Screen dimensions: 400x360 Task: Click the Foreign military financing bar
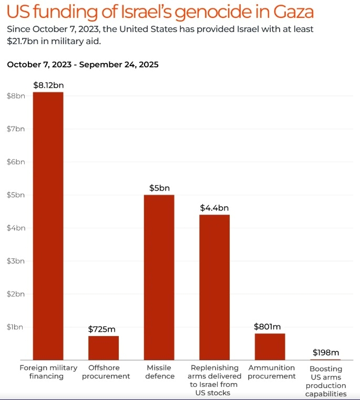pyautogui.click(x=48, y=226)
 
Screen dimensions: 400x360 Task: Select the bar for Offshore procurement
pyautogui.click(x=104, y=348)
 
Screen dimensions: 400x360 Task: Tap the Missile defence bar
pyautogui.click(x=159, y=277)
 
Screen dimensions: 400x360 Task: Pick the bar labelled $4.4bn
pyautogui.click(x=214, y=287)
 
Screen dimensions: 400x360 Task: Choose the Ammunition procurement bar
pyautogui.click(x=270, y=346)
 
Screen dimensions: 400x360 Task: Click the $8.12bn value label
pyautogui.click(x=48, y=85)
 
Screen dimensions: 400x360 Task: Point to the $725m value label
pyautogui.click(x=104, y=329)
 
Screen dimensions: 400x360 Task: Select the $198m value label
pyautogui.click(x=325, y=352)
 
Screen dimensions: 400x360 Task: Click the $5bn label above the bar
pyautogui.click(x=159, y=188)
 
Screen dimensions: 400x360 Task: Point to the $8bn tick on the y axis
pyautogui.click(x=15, y=96)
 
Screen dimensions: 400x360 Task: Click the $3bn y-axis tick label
pyautogui.click(x=15, y=261)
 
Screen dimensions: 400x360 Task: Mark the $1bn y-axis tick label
pyautogui.click(x=15, y=327)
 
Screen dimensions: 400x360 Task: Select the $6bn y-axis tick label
pyautogui.click(x=15, y=162)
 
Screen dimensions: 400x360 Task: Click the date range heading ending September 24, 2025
pyautogui.click(x=83, y=65)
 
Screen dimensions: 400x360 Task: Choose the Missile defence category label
pyautogui.click(x=159, y=372)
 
